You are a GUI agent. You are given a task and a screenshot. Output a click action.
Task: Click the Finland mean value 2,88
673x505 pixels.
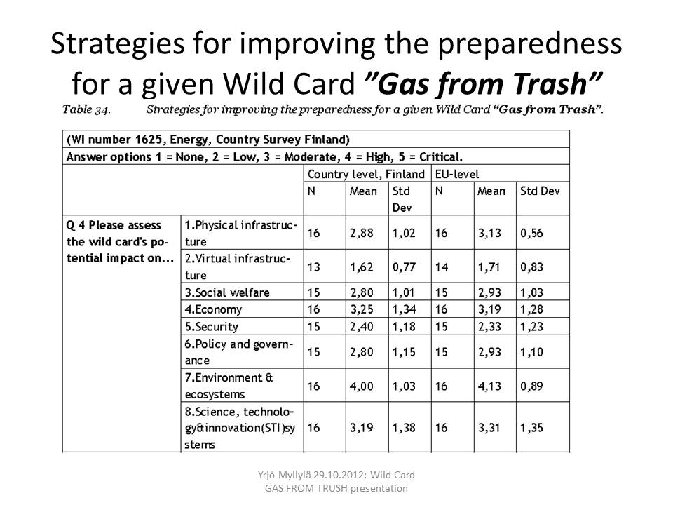(362, 233)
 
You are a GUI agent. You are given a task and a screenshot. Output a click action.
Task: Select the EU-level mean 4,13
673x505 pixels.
(489, 386)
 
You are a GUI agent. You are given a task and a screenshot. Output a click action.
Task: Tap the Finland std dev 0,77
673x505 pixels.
(404, 267)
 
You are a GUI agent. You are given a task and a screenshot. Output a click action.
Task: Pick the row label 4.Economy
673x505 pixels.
(213, 309)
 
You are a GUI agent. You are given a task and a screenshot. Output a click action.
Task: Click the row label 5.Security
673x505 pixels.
(212, 327)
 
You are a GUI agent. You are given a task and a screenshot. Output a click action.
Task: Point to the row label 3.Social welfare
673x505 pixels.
(227, 292)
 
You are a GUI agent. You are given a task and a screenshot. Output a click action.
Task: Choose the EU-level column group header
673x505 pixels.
(457, 174)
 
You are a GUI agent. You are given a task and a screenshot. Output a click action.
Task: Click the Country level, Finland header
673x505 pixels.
(366, 174)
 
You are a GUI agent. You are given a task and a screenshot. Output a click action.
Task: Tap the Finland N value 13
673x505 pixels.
(314, 267)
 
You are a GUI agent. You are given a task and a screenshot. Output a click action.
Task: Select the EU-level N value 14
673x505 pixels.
(442, 267)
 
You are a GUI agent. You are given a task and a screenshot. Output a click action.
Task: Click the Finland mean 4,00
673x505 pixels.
(362, 386)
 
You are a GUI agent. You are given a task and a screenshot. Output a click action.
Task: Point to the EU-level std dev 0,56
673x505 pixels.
(532, 233)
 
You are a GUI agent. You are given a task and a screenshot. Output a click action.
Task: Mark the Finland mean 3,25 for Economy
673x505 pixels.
(362, 309)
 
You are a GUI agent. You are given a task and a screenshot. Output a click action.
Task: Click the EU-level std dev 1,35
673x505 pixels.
(532, 428)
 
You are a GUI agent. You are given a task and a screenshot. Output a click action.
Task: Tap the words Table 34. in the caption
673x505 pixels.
(86, 109)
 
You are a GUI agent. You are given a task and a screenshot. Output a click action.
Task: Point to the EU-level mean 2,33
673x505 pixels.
(489, 326)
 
